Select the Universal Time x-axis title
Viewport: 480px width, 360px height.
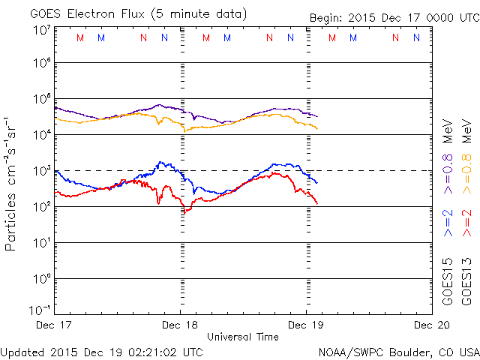tap(243, 337)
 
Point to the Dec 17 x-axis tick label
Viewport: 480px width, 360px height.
tap(55, 325)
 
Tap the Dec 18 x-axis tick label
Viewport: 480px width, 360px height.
tap(180, 325)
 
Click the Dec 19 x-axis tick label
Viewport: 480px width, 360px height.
tap(306, 325)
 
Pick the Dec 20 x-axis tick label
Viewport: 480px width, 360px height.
tap(430, 325)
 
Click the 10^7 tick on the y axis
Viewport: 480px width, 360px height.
tap(40, 29)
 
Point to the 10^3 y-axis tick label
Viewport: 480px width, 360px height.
tap(40, 170)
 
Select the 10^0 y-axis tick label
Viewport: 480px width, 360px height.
tap(40, 278)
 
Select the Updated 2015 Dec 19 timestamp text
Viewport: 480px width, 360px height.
tap(101, 351)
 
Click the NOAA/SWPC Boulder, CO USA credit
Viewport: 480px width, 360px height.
tap(398, 351)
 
